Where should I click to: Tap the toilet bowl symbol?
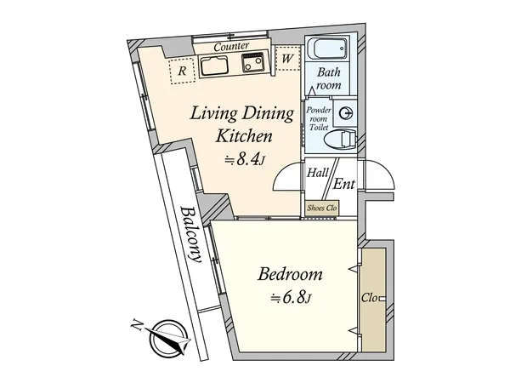coord(339,140)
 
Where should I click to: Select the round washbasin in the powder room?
coord(345,113)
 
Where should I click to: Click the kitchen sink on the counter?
coord(213,66)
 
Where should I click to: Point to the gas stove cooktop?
coord(252,62)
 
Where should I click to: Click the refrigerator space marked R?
coord(182,71)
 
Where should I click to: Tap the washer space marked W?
coord(287,59)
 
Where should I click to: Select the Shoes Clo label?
coord(322,208)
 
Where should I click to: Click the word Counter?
coord(231,46)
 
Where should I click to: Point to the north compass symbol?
coord(167,339)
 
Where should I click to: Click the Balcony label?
coord(191,234)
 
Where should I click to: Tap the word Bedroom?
coord(290,274)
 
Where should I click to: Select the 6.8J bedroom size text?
coord(292,298)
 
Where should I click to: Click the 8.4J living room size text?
coord(246,160)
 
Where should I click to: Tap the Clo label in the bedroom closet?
coord(370,298)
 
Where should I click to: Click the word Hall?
coord(317,172)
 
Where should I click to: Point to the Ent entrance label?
coord(343,184)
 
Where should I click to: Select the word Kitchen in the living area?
coord(244,136)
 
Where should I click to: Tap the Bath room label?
coord(329,78)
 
